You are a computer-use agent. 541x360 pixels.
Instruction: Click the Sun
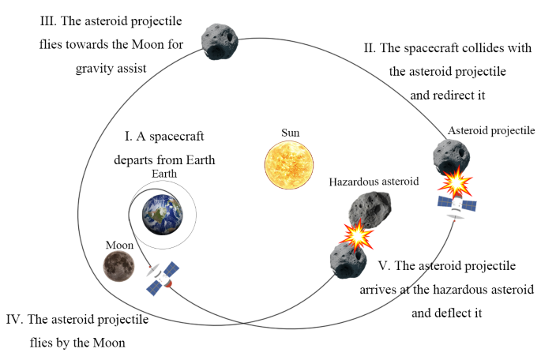click(289, 163)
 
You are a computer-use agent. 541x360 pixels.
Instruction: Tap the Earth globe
click(162, 211)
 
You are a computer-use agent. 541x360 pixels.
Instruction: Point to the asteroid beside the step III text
click(219, 39)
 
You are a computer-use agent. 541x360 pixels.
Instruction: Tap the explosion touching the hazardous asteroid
click(356, 233)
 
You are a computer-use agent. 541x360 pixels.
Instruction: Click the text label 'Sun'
click(290, 132)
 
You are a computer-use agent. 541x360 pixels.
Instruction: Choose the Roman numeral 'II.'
click(368, 49)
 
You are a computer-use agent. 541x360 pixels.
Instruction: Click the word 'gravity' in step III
click(96, 68)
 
